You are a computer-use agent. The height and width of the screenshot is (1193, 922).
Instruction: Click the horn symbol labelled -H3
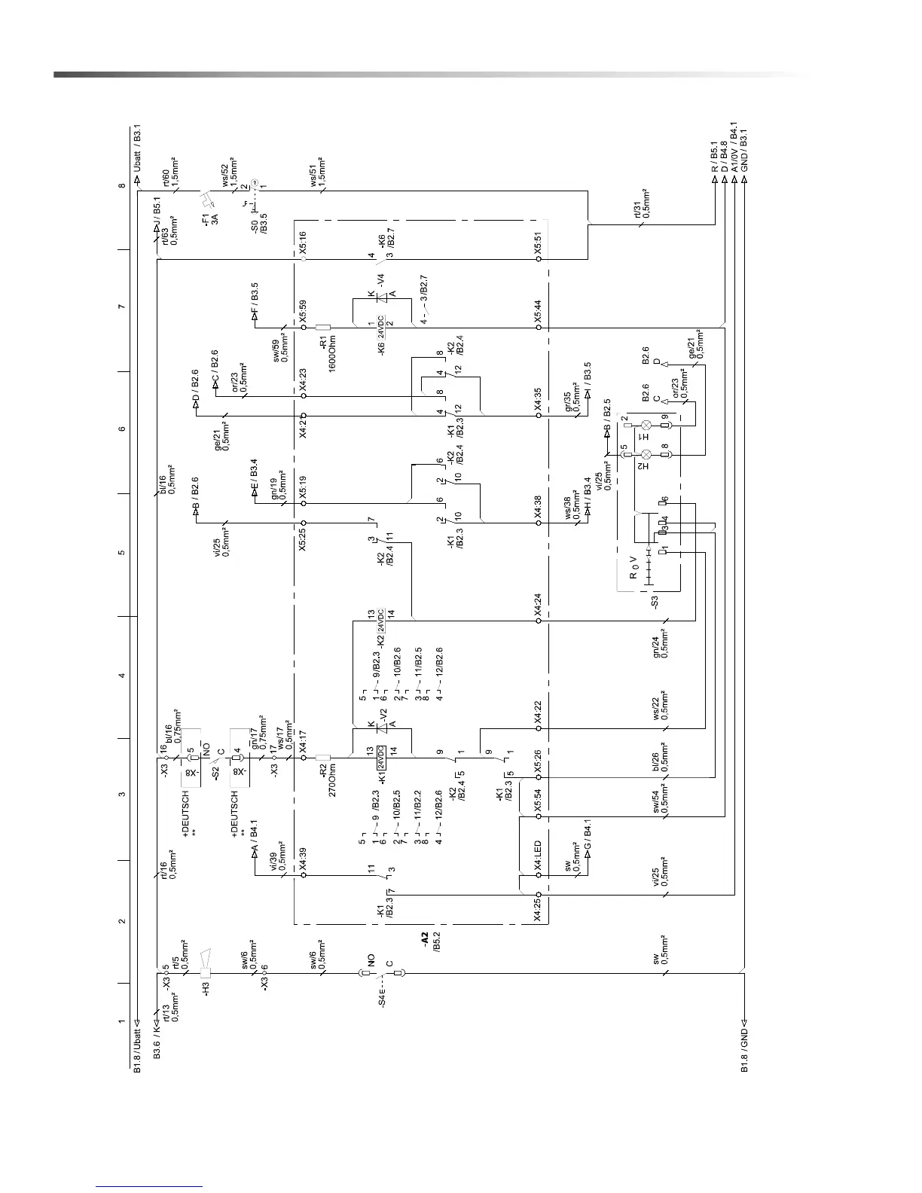point(206,962)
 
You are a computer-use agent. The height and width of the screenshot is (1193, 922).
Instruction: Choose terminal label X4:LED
point(538,856)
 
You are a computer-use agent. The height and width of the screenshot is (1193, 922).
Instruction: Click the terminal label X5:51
point(538,242)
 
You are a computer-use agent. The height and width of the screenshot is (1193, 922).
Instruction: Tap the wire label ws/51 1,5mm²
point(318,171)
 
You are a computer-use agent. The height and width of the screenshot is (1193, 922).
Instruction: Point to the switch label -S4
point(382,999)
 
